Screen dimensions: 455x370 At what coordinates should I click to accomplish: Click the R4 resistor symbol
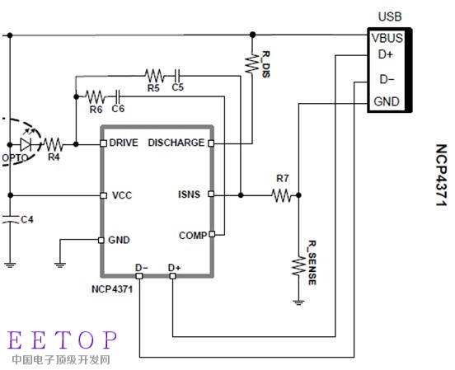[53, 144]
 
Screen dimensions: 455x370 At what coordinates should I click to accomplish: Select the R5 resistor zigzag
[155, 76]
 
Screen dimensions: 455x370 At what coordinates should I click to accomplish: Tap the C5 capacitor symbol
[177, 76]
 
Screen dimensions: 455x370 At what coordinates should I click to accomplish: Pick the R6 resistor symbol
[95, 96]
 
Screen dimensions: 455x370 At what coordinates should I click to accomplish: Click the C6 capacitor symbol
[118, 96]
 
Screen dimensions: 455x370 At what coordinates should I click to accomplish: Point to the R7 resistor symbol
[281, 195]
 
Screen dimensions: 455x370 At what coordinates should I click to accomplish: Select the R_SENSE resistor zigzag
[298, 266]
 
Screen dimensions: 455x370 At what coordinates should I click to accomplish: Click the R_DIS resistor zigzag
[251, 63]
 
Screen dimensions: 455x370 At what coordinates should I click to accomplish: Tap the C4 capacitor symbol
[10, 219]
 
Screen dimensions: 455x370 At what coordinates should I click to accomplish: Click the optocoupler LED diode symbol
[26, 144]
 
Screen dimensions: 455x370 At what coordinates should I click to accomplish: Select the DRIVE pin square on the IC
[103, 143]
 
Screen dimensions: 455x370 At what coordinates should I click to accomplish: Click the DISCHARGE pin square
[211, 143]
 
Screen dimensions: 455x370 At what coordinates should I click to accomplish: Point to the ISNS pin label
[189, 194]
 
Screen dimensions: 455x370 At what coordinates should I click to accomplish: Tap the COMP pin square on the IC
[212, 234]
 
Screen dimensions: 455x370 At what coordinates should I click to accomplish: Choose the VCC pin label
[122, 195]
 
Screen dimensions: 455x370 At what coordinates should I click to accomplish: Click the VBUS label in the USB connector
[387, 38]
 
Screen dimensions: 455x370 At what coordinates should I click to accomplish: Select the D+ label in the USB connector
[385, 54]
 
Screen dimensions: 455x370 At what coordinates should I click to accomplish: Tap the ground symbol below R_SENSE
[298, 302]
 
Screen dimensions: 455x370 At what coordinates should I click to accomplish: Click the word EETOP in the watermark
[62, 340]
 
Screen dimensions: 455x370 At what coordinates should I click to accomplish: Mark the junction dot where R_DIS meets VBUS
[253, 35]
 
